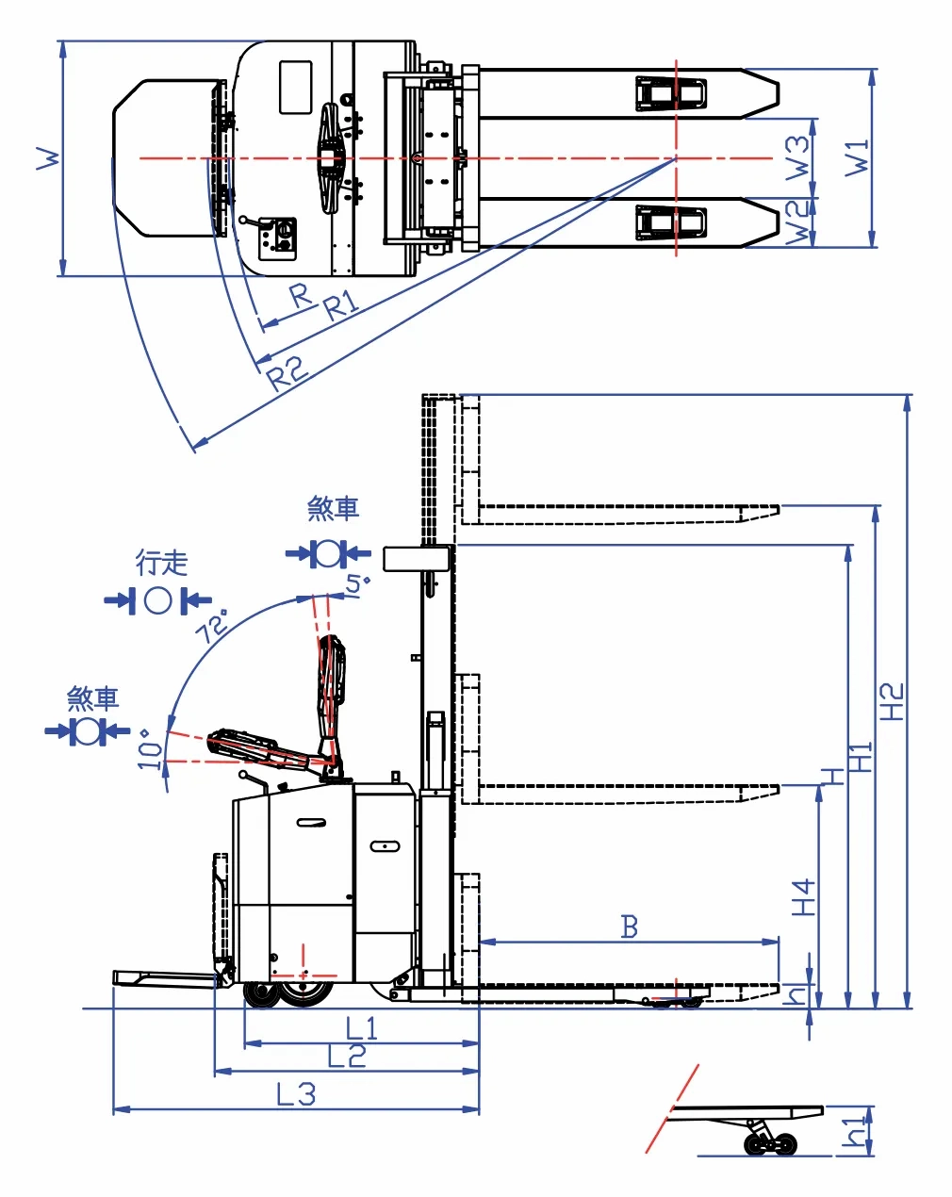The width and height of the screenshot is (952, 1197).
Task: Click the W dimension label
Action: (x=48, y=157)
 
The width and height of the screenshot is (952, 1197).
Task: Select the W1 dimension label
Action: (x=858, y=157)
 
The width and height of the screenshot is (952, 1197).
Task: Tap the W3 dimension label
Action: (x=798, y=157)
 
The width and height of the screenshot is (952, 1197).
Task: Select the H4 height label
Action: (x=803, y=897)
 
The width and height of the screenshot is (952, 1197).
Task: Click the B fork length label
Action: (x=630, y=927)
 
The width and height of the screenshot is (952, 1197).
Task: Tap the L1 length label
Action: (x=362, y=1028)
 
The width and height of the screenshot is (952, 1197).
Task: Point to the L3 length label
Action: (x=296, y=1094)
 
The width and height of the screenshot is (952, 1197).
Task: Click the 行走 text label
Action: (x=162, y=564)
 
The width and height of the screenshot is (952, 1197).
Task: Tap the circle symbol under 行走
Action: (x=158, y=600)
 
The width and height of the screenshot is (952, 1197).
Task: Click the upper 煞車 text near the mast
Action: (x=333, y=509)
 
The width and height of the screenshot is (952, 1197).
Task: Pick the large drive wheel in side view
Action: (x=305, y=992)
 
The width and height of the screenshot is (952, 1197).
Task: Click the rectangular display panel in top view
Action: (x=295, y=87)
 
